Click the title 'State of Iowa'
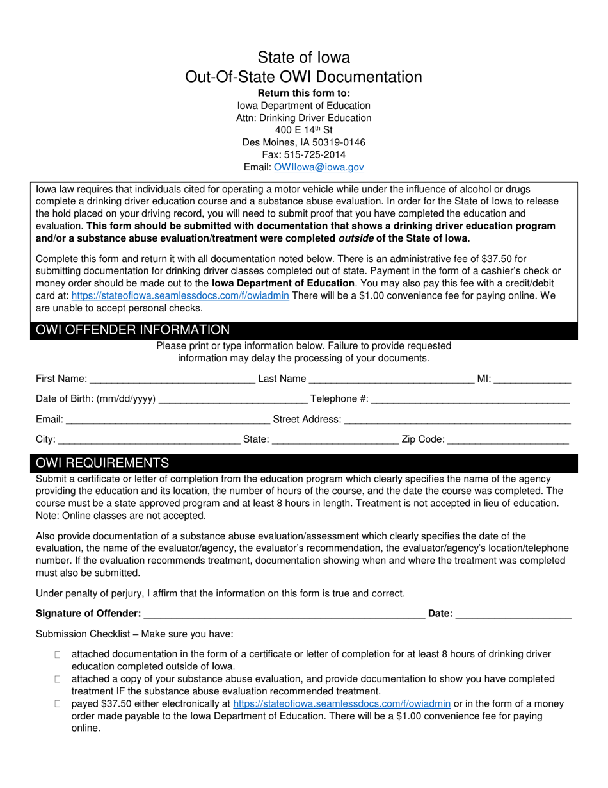[303, 58]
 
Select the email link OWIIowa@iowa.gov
[319, 167]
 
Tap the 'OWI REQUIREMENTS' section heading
[103, 463]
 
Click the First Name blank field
[172, 379]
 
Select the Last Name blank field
[391, 379]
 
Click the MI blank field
[532, 379]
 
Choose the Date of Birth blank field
[232, 400]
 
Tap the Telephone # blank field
[470, 400]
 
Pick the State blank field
[335, 440]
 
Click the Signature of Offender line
[284, 614]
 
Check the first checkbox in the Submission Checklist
[58, 654]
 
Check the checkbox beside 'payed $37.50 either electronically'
[58, 703]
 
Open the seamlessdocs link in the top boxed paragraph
[180, 295]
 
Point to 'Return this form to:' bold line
[303, 93]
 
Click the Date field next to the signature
[513, 614]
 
